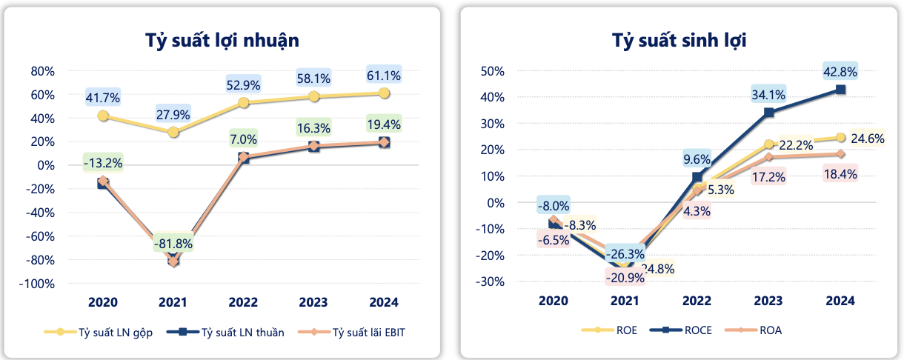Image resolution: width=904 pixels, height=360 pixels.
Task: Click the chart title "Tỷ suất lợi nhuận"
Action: click(x=222, y=40)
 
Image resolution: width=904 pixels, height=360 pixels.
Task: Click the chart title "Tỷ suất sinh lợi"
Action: click(x=679, y=40)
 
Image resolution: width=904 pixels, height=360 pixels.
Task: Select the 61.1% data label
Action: click(x=384, y=75)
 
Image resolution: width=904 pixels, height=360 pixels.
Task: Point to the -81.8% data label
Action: click(x=173, y=243)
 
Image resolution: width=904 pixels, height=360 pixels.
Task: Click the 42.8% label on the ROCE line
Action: click(x=840, y=72)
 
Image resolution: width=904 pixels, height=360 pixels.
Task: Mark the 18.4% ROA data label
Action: click(x=840, y=175)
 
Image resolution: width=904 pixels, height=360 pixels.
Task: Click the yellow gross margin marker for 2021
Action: click(x=173, y=132)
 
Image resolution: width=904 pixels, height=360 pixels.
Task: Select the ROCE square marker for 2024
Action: click(x=840, y=90)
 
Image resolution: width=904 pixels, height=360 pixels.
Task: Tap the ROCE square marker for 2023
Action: click(x=769, y=113)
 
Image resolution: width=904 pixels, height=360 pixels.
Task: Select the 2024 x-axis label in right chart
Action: click(x=840, y=301)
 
